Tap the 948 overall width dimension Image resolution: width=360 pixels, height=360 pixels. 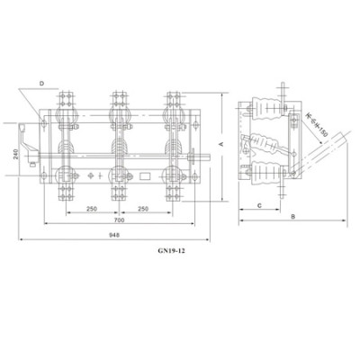click(x=113, y=234)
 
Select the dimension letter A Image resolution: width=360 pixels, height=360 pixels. click(x=221, y=143)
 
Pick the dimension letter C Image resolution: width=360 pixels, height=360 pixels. click(x=258, y=205)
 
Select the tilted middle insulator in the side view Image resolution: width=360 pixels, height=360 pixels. click(x=262, y=144)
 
